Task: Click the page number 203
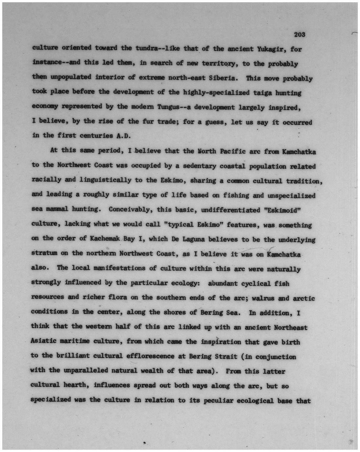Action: tap(300, 34)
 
